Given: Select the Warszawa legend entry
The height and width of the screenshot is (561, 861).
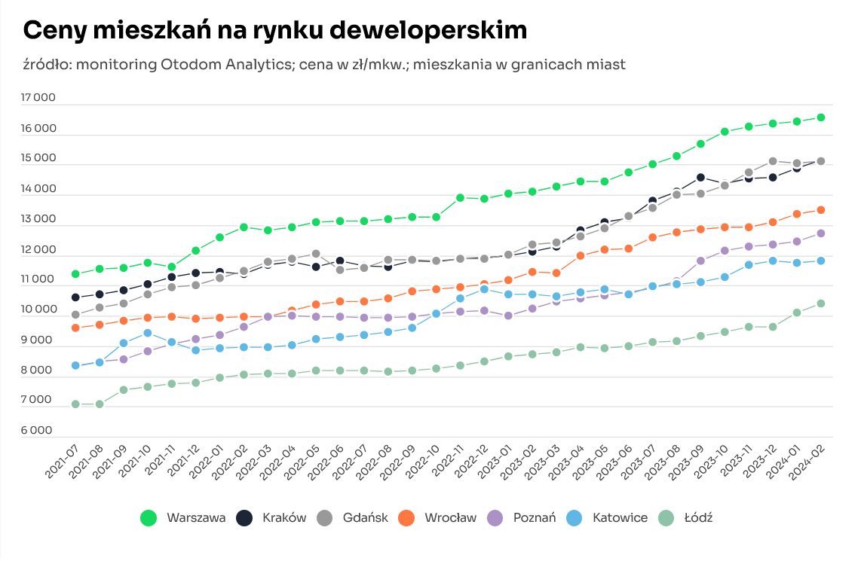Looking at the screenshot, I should [183, 517].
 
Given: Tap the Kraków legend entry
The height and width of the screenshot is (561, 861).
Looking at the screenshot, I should [271, 517].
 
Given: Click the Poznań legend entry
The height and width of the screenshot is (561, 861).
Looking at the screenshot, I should [522, 517].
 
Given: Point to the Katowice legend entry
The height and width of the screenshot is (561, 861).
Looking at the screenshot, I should [607, 517].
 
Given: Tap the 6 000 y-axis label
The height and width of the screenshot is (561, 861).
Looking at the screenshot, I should [38, 431].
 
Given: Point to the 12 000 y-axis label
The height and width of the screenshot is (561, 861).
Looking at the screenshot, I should [38, 249].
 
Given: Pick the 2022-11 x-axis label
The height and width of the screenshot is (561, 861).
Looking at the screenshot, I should [448, 462].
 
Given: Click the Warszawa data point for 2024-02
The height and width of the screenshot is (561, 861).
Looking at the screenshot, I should [820, 117].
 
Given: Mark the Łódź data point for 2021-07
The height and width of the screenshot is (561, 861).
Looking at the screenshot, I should [75, 404].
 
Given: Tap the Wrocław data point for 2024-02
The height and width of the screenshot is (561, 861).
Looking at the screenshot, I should [820, 210].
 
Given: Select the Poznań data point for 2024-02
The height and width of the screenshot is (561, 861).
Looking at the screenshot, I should [820, 233].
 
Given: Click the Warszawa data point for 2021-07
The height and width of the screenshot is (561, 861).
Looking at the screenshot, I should [75, 274].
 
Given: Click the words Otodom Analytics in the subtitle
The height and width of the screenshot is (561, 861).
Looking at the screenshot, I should [227, 65].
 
